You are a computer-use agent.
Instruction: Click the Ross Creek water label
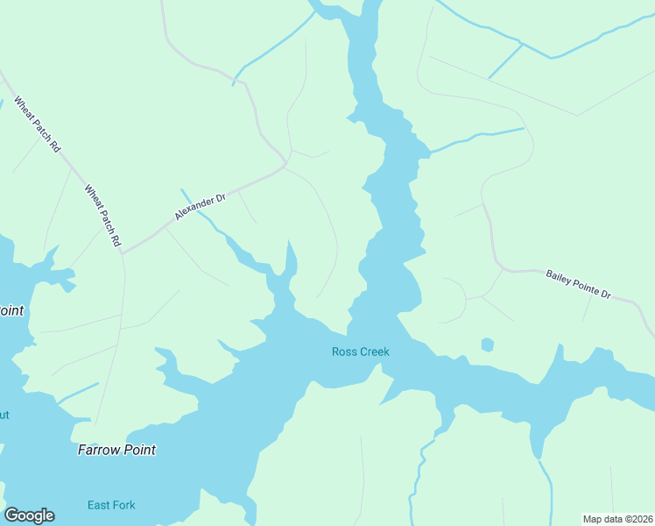point(360,352)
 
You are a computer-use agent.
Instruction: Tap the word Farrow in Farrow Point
point(98,450)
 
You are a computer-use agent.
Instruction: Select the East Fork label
point(111,505)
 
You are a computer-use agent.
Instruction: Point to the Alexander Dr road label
point(200,207)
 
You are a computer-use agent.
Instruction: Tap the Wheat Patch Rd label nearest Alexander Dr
point(102,215)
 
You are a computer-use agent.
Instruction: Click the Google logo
point(29,515)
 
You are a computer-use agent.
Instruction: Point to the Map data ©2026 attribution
point(617,518)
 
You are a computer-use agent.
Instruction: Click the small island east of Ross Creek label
point(488,345)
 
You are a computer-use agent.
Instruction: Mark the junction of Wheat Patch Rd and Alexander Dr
point(122,253)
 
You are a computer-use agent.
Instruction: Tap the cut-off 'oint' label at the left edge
point(11,310)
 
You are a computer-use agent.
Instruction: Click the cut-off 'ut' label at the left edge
point(4,415)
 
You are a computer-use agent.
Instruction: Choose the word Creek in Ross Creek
point(373,352)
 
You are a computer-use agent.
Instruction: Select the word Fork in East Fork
point(124,505)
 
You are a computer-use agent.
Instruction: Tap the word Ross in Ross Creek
point(343,352)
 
